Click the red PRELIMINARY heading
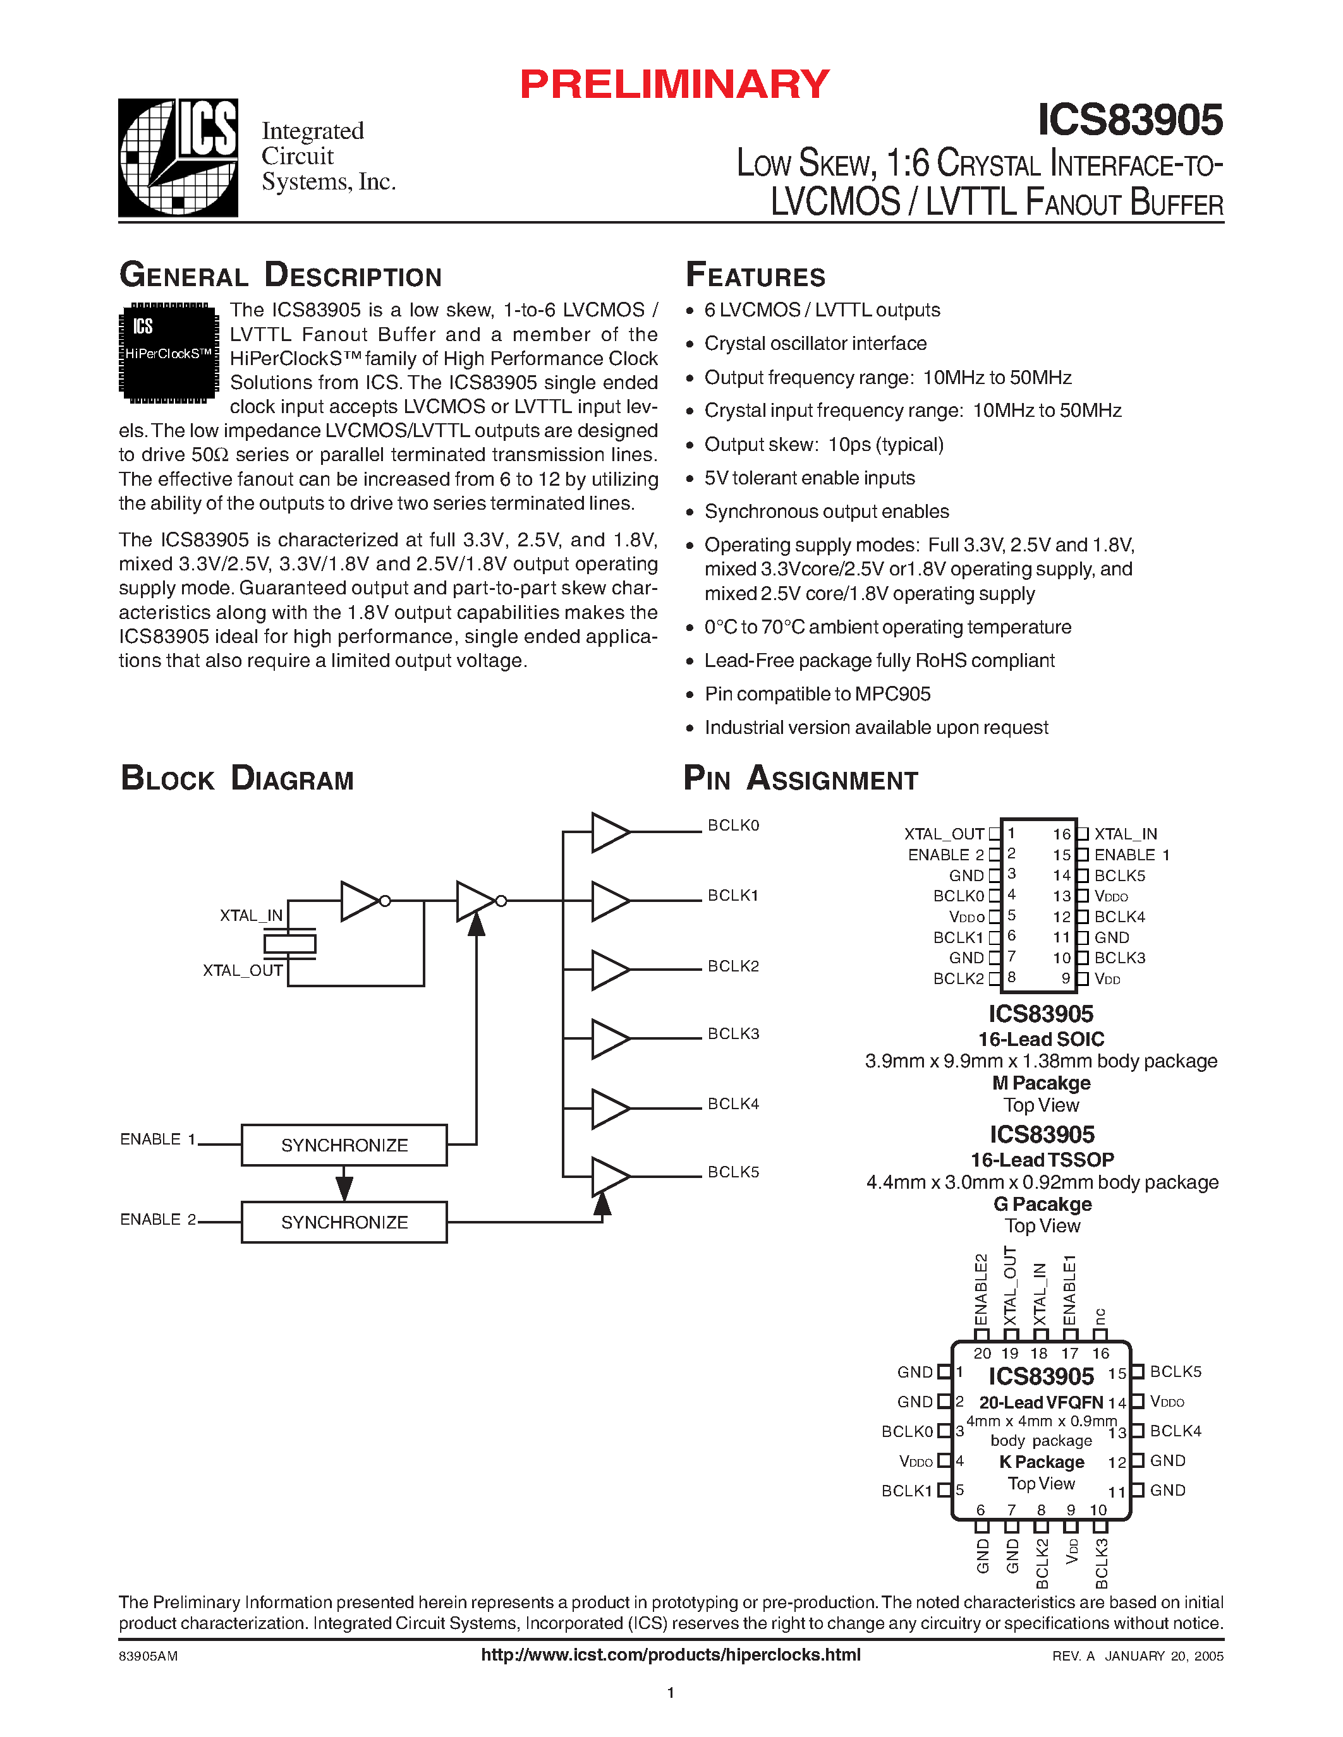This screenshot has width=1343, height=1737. pos(674,84)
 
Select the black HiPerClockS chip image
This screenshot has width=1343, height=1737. pos(169,352)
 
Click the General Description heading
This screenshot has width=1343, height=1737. pos(280,275)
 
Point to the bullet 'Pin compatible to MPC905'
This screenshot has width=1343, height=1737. pos(817,694)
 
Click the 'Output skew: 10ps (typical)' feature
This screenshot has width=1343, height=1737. pos(823,445)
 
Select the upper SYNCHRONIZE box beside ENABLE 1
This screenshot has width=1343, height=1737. pos(344,1145)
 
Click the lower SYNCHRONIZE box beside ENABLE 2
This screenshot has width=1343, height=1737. pos(344,1222)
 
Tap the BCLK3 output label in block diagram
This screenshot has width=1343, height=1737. pos(732,1034)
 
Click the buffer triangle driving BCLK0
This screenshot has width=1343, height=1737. pos(609,832)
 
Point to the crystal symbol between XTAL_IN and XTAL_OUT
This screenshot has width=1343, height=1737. pos(289,944)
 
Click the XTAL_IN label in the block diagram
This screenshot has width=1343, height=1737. pos(251,915)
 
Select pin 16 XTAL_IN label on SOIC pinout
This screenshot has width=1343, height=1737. pos(1125,834)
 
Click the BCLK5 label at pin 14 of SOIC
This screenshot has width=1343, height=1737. pos(1119,875)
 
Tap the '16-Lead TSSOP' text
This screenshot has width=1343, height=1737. pos(1042,1160)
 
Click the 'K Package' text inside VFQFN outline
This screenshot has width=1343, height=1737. pos(1042,1462)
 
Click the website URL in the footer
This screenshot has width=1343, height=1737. pos(671,1655)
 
